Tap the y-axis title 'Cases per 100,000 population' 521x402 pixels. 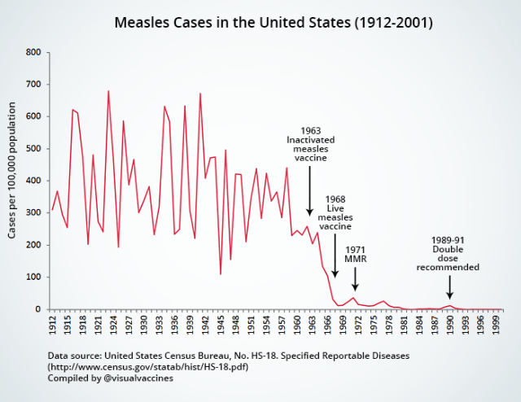click(13, 171)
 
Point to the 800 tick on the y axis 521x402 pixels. click(33, 53)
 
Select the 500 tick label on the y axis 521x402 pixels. click(33, 149)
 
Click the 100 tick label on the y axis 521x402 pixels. click(33, 277)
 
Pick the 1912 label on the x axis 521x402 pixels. click(53, 325)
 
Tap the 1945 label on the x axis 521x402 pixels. click(221, 325)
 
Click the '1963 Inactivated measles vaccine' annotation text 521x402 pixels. click(310, 144)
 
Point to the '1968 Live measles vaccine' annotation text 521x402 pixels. click(335, 213)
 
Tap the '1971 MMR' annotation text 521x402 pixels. click(355, 255)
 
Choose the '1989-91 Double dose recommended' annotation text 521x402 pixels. click(448, 253)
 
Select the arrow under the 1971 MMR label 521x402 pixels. click(355, 279)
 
